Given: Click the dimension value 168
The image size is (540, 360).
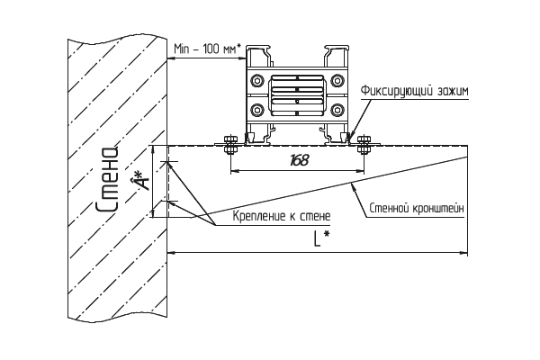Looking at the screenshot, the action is [300, 160].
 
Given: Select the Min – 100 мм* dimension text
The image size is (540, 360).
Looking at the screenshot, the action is [207, 49].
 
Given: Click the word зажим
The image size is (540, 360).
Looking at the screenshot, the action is [453, 91].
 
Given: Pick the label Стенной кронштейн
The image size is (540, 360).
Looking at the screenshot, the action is [417, 209].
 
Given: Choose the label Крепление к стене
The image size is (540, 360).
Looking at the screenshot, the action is [282, 216].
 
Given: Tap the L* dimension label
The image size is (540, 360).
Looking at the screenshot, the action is [321, 238].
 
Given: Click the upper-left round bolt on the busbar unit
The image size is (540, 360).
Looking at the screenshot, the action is [256, 81].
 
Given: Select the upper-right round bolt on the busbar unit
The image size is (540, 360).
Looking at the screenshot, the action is [337, 81].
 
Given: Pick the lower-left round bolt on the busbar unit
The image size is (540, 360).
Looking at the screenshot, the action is [256, 111].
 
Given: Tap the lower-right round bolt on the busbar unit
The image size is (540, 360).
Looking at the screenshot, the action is [337, 111].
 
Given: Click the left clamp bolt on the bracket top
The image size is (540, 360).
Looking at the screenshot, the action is [230, 144].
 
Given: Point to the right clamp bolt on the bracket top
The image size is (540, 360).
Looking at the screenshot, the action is [364, 144].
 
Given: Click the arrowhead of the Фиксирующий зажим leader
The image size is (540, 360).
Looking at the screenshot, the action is [349, 139].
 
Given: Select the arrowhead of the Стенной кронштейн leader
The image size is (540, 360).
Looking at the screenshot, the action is [352, 186].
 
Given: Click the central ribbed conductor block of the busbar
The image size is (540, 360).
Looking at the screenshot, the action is [296, 95].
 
